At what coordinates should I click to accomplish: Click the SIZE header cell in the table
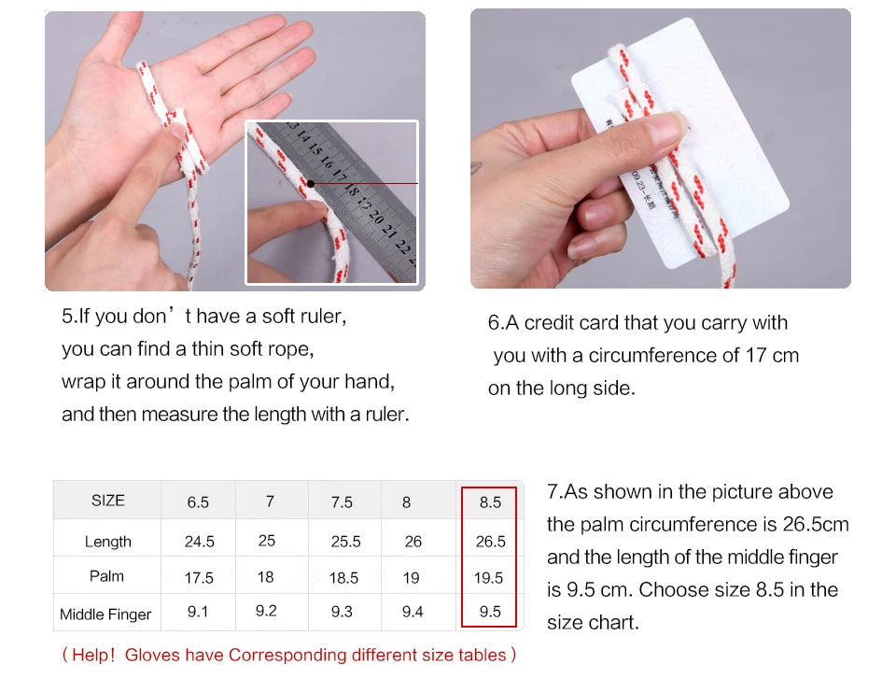[108, 501]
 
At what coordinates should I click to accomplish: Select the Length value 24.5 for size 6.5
[200, 542]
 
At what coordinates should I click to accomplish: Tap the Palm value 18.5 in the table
[344, 578]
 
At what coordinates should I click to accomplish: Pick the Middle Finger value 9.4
[413, 612]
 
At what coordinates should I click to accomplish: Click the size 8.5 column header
[490, 502]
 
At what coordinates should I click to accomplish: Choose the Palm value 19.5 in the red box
[488, 578]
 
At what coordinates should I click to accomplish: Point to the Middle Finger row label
[105, 614]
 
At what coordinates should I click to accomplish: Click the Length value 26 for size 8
[413, 542]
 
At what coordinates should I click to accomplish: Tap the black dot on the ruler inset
[310, 183]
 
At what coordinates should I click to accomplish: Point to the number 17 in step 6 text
[755, 356]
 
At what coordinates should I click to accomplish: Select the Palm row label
[106, 576]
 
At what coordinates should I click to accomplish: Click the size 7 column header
[270, 501]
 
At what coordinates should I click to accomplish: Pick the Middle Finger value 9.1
[198, 612]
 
